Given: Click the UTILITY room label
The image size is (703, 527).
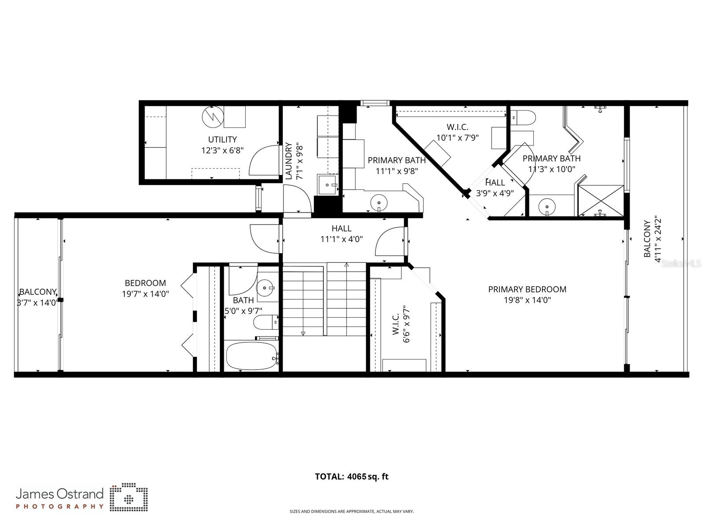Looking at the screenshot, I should pos(222,140).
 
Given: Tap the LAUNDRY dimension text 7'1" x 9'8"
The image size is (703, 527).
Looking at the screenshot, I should pos(300,161).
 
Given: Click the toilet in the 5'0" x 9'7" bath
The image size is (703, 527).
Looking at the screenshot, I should pos(265,322).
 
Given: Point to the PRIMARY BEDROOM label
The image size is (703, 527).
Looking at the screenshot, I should pos(527,289).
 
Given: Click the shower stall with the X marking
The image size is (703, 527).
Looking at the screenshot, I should pos(601,201).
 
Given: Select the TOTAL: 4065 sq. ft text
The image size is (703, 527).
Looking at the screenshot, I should pos(352,476).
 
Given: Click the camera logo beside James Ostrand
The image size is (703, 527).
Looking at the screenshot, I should pos(128,498).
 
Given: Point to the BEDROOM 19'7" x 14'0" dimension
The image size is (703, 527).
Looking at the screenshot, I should pos(146,294).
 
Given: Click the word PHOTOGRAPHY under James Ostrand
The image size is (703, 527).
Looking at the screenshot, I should pos(60,506).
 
